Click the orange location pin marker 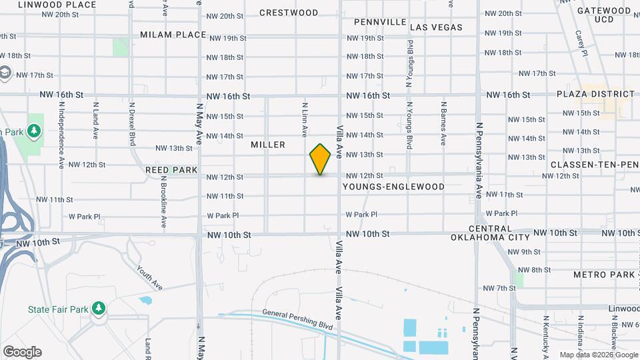tap(320, 159)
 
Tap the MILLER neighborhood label tap(268, 145)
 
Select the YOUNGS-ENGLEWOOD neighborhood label tap(393, 187)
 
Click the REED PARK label tap(171, 170)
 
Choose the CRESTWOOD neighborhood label tap(289, 13)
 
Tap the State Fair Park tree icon tap(99, 307)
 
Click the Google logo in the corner tap(22, 351)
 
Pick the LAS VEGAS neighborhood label tap(436, 27)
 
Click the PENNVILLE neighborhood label tap(380, 22)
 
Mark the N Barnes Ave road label tap(443, 123)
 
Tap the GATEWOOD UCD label tap(603, 15)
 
